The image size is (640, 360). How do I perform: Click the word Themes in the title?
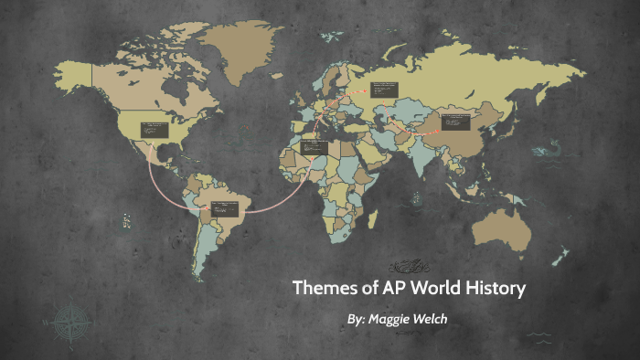point(322,290)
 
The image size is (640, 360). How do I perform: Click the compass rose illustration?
point(69,322)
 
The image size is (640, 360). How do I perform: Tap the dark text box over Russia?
point(384,90)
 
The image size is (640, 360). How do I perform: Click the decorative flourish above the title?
point(409,266)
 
